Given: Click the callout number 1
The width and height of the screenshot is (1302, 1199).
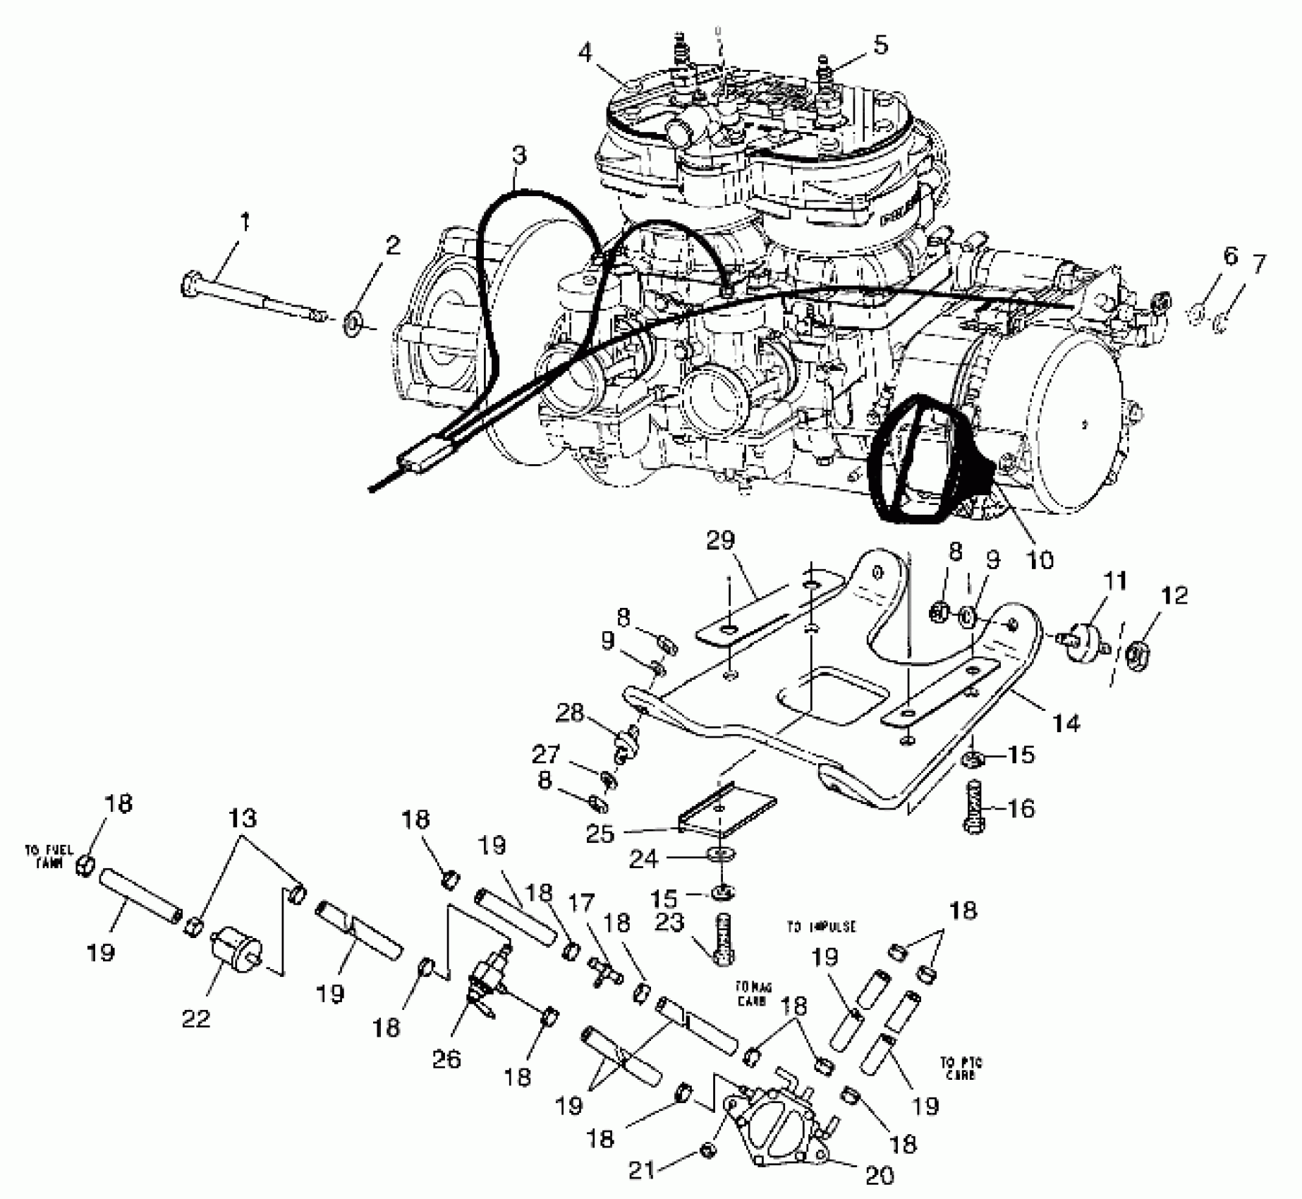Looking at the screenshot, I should pos(245,223).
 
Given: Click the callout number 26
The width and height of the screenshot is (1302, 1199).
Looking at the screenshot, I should pos(447,1059).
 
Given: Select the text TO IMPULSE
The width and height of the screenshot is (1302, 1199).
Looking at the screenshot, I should pos(821,927).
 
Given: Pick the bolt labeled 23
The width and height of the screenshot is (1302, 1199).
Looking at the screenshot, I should pos(724,939).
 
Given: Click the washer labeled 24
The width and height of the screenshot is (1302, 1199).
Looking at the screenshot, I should pos(719,856).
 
